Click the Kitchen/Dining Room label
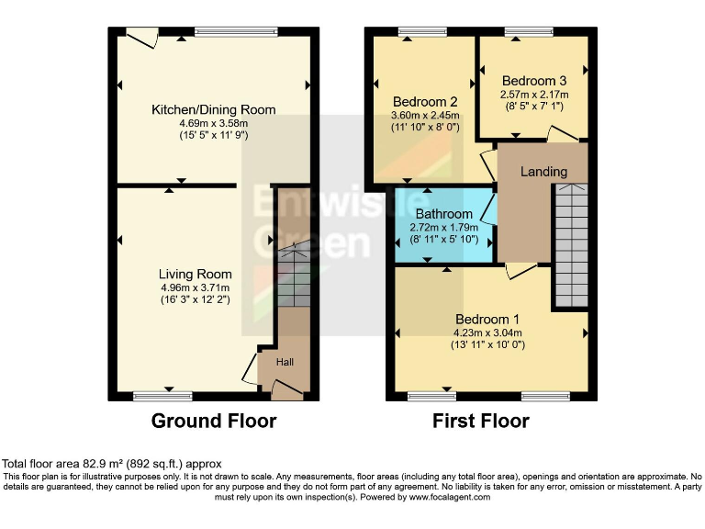pos(213,110)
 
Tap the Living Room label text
pos(195,274)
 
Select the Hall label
pos(285,363)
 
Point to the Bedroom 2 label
pos(425,101)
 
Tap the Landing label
pos(543,172)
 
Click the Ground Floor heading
pos(213,422)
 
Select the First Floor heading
pos(481,422)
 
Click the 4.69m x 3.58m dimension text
pos(213,123)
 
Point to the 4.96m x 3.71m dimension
pos(195,287)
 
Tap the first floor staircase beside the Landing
pos(570,243)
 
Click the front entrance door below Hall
pos(286,392)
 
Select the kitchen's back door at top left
pos(141,37)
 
